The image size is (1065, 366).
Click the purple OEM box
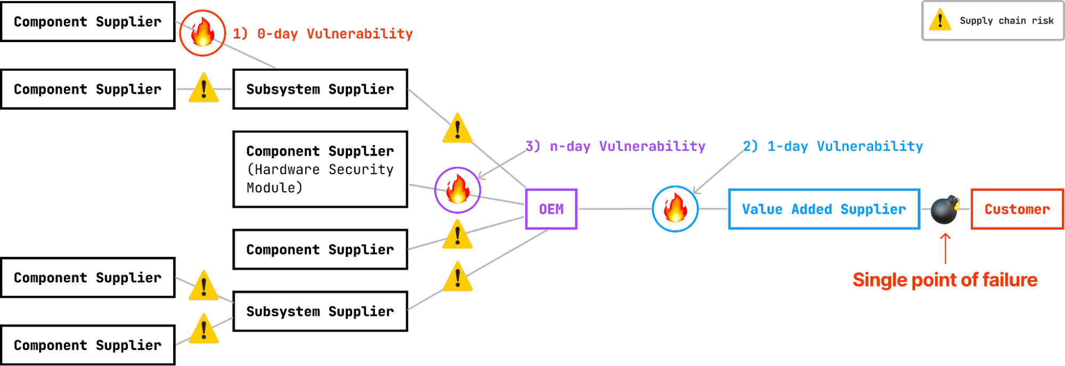point(551,209)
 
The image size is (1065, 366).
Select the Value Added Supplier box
point(824,209)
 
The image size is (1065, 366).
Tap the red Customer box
point(1017,209)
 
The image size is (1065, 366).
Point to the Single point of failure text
point(945,280)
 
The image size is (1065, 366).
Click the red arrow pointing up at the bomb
point(945,248)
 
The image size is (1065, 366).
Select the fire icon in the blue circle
point(676,208)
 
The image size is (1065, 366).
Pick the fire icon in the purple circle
point(458,190)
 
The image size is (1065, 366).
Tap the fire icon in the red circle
point(202,32)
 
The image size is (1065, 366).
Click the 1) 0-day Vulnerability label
point(323,34)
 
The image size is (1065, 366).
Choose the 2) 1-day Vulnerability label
point(833,146)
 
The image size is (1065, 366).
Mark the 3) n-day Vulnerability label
point(615,146)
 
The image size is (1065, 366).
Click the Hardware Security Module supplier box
point(320,169)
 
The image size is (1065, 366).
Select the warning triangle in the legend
point(940,20)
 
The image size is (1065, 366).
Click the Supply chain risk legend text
point(1007,21)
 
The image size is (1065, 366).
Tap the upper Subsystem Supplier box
point(320,89)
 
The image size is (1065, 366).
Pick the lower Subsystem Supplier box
point(320,311)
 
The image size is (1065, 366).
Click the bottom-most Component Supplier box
point(88,345)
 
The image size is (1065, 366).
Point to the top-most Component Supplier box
point(88,21)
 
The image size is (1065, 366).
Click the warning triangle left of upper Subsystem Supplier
point(204,88)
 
